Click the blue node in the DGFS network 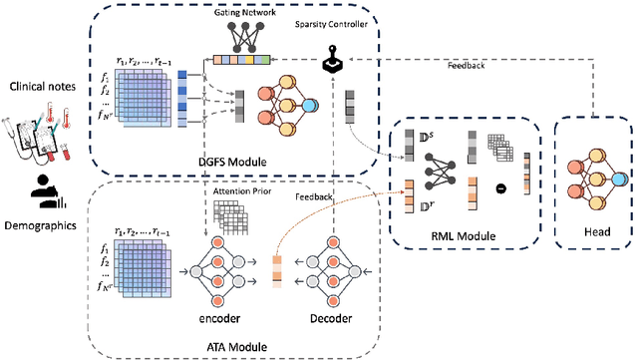[311, 106]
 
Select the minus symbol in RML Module [512, 186]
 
